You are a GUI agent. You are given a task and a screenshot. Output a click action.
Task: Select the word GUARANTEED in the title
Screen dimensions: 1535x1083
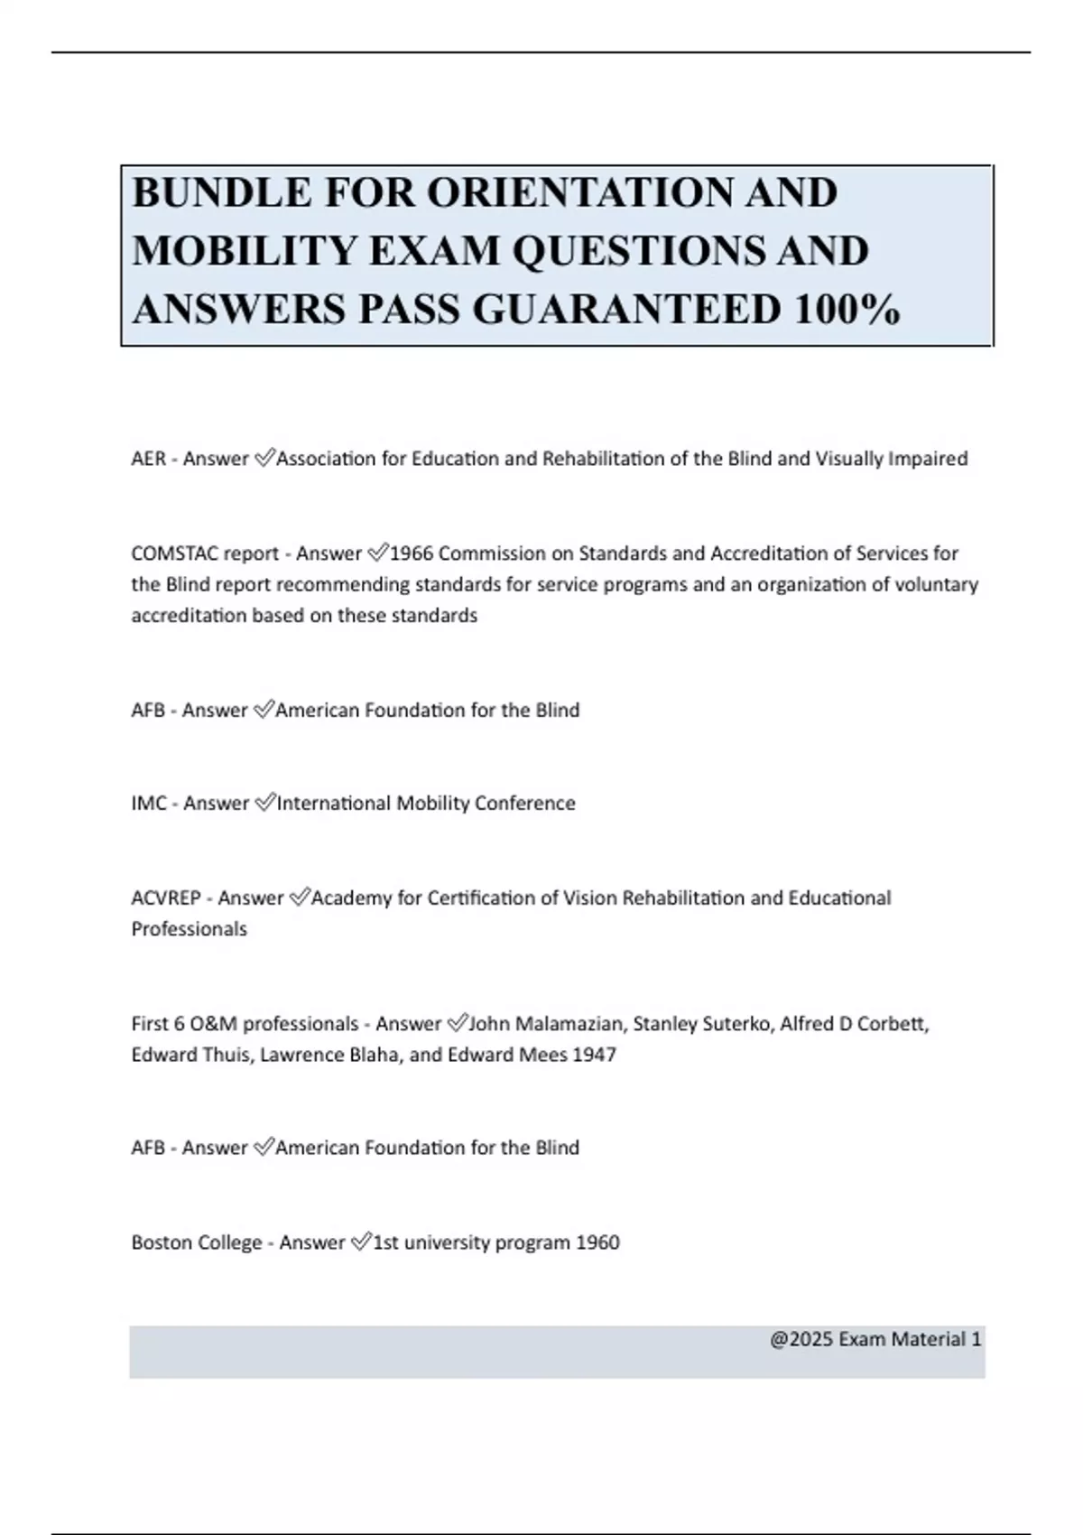(x=626, y=310)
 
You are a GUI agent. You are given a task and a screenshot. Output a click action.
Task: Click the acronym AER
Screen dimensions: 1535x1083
(x=149, y=459)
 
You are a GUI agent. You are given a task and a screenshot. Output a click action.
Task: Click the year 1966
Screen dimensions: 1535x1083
(x=412, y=553)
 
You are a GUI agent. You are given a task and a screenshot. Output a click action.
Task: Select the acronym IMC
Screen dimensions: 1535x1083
(x=149, y=803)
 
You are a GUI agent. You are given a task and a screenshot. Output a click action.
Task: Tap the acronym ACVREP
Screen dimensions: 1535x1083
(x=166, y=898)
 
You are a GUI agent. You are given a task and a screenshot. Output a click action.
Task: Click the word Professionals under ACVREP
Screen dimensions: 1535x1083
(x=189, y=928)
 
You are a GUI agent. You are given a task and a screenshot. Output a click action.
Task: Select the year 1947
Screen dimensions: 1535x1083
(x=594, y=1054)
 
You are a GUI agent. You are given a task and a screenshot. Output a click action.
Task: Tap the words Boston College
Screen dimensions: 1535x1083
(x=197, y=1242)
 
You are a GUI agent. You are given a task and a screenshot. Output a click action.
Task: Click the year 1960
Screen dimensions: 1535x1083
(x=597, y=1242)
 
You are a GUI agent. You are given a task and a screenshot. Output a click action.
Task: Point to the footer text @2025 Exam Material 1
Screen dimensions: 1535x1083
(x=875, y=1339)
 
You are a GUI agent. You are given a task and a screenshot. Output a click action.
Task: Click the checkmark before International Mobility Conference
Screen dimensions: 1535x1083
(x=264, y=803)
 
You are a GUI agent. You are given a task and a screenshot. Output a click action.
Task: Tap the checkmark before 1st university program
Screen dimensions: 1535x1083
(x=360, y=1242)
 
